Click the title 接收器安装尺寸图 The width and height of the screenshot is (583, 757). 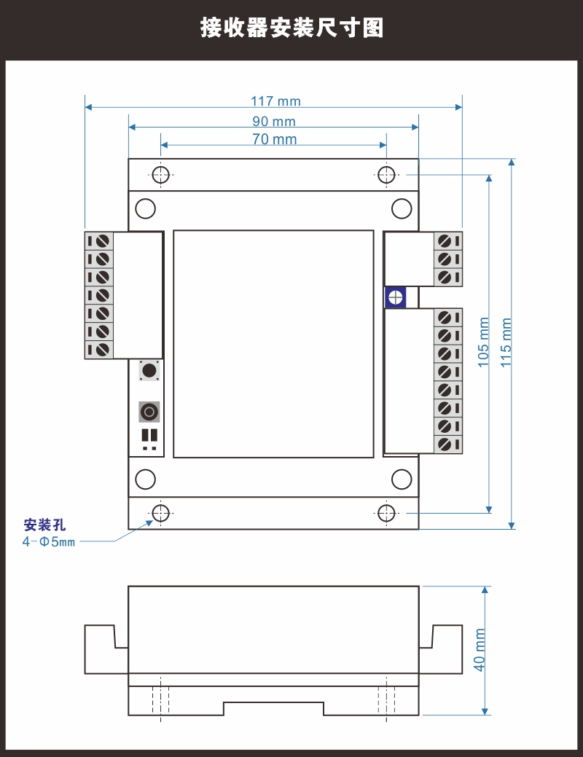click(291, 28)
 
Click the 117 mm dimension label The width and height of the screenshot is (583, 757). click(275, 102)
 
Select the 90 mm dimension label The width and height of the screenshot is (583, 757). click(274, 122)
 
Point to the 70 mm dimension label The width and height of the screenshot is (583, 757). click(275, 140)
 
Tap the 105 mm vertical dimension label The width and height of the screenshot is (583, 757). click(484, 342)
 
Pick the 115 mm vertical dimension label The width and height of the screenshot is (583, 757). click(506, 342)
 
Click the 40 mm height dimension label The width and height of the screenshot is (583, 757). click(480, 650)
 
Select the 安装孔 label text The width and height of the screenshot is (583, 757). click(44, 525)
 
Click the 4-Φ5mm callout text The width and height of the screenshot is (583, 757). click(49, 542)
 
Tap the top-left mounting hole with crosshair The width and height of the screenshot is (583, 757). click(160, 175)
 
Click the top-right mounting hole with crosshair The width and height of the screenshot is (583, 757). click(386, 175)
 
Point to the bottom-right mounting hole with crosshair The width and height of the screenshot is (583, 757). click(386, 513)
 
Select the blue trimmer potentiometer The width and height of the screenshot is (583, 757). click(395, 297)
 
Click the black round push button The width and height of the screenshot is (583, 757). click(149, 371)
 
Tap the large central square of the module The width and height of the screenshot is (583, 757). click(273, 344)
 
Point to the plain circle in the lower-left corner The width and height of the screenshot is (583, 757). click(146, 479)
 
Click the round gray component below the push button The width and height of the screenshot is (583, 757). click(149, 412)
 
